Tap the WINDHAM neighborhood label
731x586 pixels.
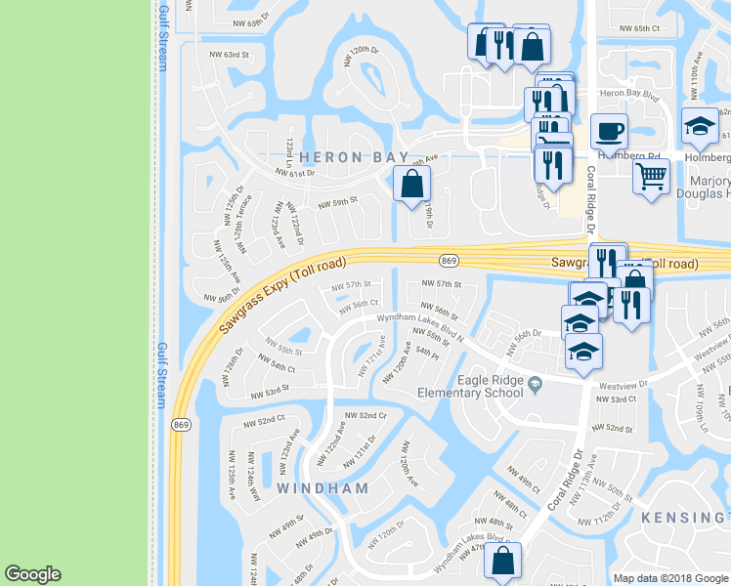tap(322, 487)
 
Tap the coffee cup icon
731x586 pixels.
tap(610, 132)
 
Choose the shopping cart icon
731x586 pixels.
tap(651, 179)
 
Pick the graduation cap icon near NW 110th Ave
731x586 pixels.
tap(700, 125)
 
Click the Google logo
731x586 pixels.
tap(32, 574)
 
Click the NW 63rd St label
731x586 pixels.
tap(217, 55)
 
